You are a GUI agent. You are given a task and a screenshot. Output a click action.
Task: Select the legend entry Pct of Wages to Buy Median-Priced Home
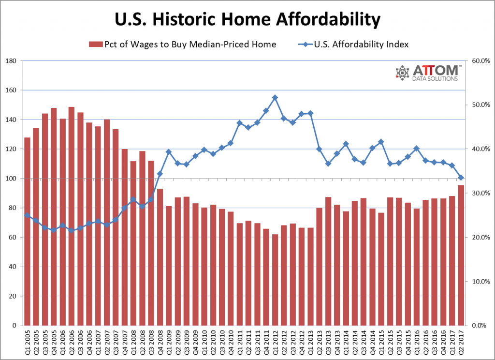click(x=182, y=45)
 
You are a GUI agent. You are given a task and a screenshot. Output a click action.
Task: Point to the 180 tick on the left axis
click(x=11, y=61)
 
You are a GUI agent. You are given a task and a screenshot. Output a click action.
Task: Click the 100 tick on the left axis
click(x=11, y=179)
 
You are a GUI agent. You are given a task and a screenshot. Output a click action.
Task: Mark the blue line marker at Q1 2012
click(x=275, y=98)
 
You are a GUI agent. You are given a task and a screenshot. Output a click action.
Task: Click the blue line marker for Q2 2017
click(x=461, y=178)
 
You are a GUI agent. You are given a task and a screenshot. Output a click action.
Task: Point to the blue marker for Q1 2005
click(x=27, y=215)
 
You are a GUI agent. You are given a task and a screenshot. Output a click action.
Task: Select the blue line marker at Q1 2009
click(x=169, y=152)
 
